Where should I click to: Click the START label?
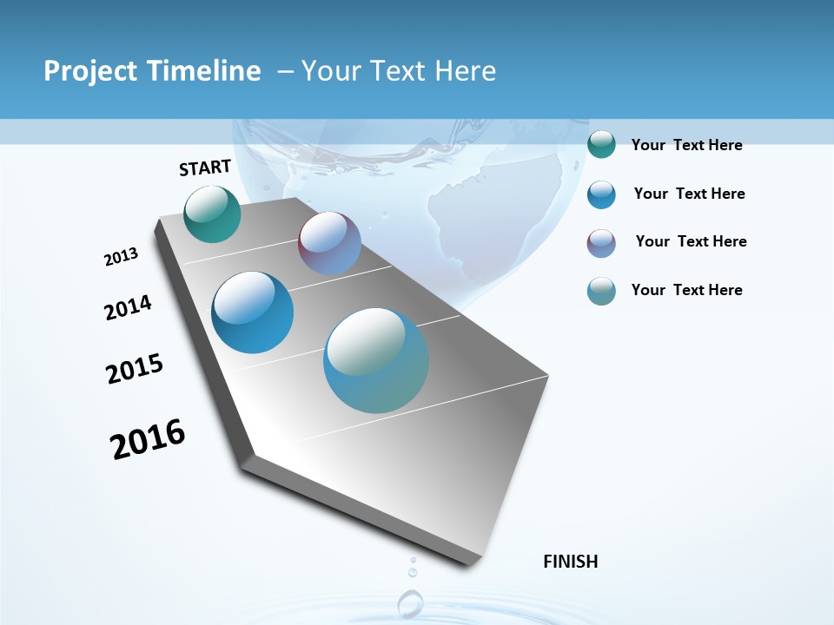pos(205,168)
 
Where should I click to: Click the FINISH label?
pos(570,562)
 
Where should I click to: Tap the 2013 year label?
pos(121,257)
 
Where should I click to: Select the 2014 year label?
pos(128,308)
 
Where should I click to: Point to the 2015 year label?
pos(135,369)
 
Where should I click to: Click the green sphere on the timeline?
pos(212,214)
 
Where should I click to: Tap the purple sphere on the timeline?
pos(329,243)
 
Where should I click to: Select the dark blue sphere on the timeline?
pos(253,312)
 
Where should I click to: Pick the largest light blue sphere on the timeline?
pos(376,360)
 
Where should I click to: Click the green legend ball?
pos(601,145)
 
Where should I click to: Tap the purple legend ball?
pos(601,243)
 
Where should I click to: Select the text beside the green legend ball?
pos(686,146)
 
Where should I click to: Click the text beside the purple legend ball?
pos(691,241)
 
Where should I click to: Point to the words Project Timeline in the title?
pos(152,71)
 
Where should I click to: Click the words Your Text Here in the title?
pos(398,71)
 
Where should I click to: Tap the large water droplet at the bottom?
pos(410,602)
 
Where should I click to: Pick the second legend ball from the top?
pos(601,194)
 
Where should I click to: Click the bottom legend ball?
pos(601,291)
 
